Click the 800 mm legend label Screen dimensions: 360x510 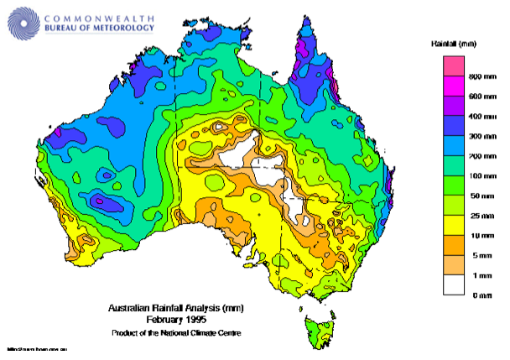(x=476, y=76)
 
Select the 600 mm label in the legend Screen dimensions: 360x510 (x=476, y=96)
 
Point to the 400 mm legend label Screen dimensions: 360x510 (x=476, y=115)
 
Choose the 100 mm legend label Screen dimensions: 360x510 (x=476, y=176)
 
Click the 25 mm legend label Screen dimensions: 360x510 (x=475, y=216)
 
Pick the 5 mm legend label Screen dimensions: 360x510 (x=474, y=255)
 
